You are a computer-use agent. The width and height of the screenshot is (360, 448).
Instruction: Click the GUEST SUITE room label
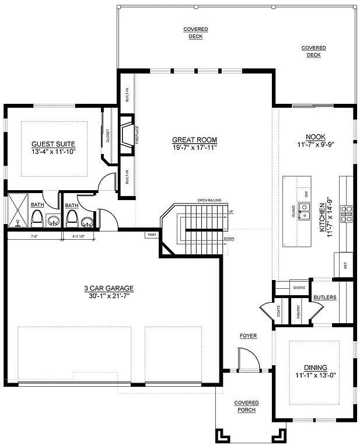[53, 144]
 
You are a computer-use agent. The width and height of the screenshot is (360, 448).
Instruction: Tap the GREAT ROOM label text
[194, 140]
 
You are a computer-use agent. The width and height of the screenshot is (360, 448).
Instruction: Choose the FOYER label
[248, 336]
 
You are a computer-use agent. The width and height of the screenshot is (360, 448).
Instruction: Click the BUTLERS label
[324, 297]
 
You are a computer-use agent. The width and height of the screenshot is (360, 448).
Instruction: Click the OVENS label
[299, 288]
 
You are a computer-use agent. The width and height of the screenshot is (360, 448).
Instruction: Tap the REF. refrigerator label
[345, 265]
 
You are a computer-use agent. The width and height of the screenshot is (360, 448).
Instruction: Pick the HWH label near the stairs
[151, 235]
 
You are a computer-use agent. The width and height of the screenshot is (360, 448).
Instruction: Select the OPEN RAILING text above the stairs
[209, 200]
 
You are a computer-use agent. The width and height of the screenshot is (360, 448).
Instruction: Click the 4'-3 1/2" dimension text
[79, 237]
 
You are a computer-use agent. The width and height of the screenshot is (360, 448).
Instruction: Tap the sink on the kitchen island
[304, 210]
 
